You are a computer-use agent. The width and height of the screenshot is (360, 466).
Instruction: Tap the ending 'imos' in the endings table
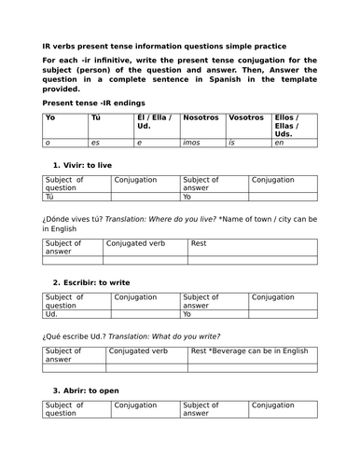click(195, 144)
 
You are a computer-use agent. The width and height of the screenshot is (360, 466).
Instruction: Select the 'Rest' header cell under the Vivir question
click(199, 243)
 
